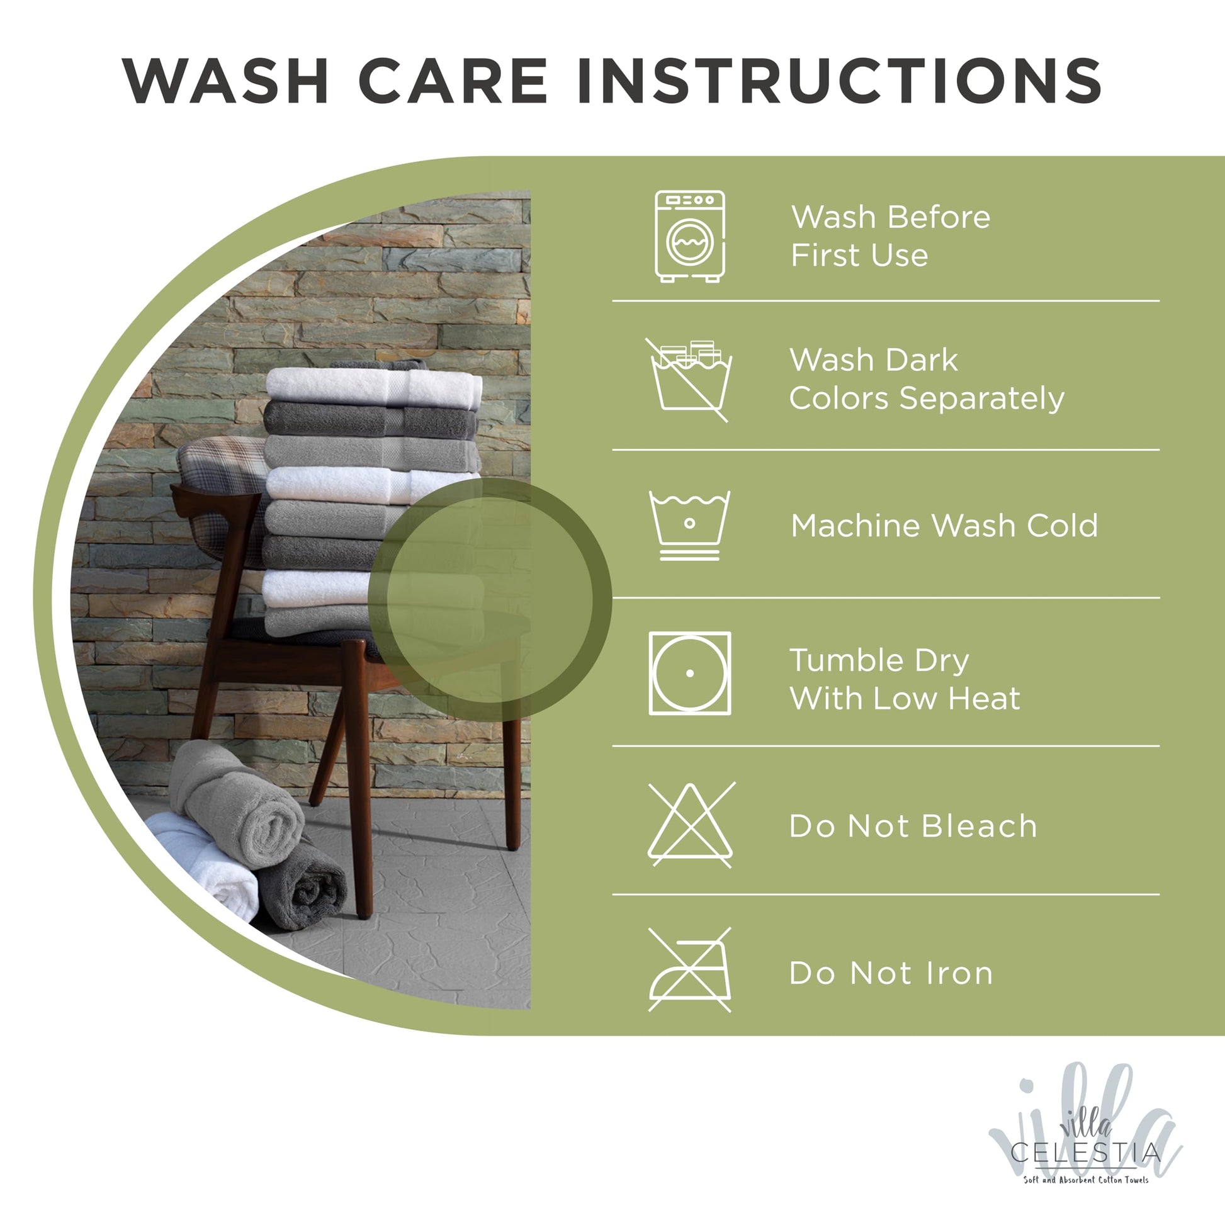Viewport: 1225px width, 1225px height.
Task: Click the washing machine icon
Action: click(690, 237)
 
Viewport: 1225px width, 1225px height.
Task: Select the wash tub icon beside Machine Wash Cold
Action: click(689, 525)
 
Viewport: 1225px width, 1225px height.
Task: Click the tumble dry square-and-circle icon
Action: click(690, 674)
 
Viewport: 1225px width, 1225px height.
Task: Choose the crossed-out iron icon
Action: click(690, 970)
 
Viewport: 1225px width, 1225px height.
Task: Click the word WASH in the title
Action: click(226, 81)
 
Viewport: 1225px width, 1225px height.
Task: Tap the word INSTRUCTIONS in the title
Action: click(840, 81)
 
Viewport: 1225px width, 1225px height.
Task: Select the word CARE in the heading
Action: click(453, 81)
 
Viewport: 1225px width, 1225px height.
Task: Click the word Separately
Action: click(982, 400)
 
